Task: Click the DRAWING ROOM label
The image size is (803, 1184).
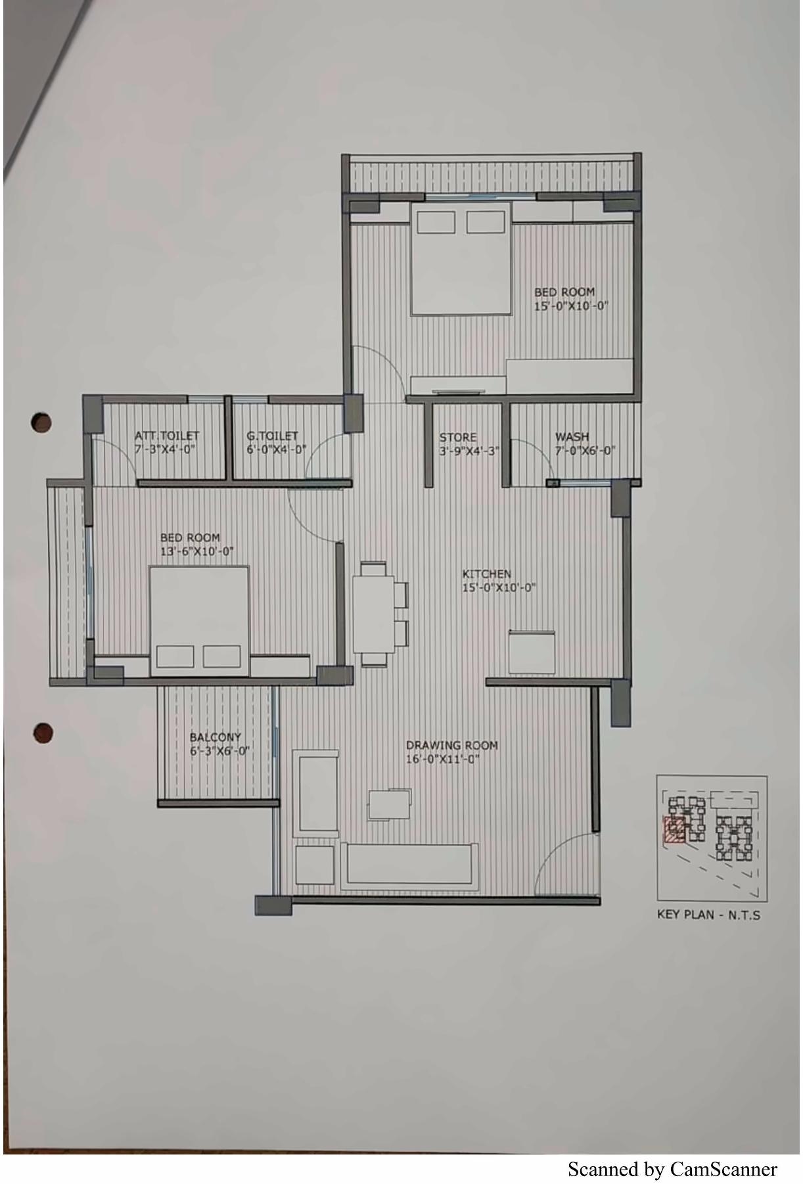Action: coord(451,745)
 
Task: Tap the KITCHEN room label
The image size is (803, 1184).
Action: coord(486,574)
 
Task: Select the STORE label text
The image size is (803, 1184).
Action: coord(458,437)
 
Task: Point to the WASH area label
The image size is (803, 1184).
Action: coord(572,436)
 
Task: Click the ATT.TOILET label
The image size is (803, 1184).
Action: coord(167,436)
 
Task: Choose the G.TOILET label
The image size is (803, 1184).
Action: coord(272,436)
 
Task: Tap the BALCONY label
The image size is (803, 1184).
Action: coord(216,737)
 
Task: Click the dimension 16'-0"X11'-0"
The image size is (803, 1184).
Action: coord(443,760)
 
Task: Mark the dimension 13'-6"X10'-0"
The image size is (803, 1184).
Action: coord(197,552)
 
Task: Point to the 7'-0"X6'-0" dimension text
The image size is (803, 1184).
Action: coord(585,451)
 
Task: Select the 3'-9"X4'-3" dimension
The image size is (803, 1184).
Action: coord(469,451)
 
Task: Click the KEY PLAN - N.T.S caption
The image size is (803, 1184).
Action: coord(708,915)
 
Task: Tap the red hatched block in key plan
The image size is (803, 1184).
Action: coord(674,829)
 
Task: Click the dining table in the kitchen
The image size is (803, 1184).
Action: coord(374,613)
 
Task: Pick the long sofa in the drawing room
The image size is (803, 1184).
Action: coord(409,864)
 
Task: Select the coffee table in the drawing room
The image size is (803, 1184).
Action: coord(389,805)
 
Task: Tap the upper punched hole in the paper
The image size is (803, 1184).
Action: coord(41,422)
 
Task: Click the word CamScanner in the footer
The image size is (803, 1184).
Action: coord(723,1170)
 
